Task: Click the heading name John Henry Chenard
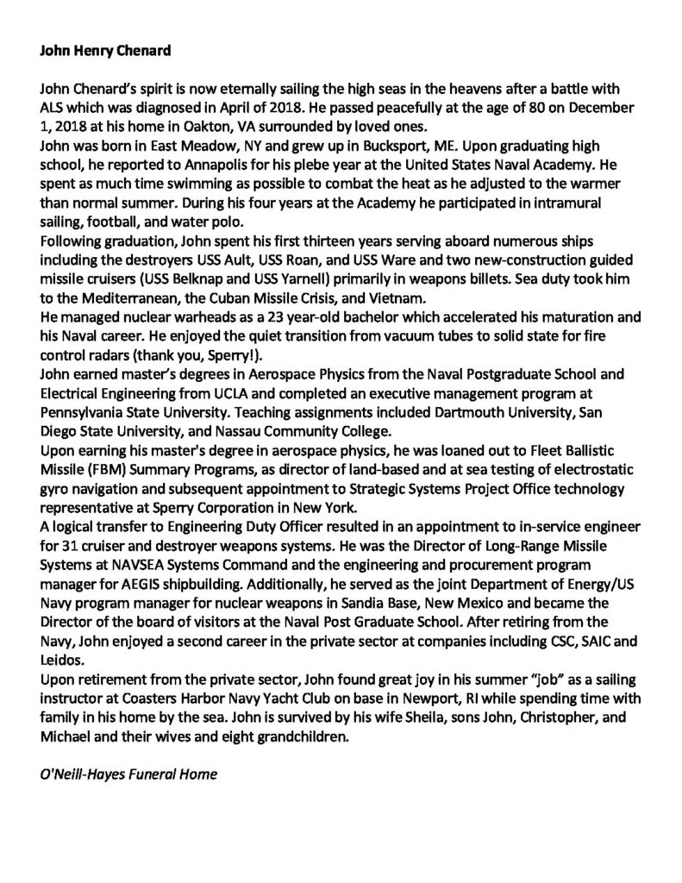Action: click(106, 51)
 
